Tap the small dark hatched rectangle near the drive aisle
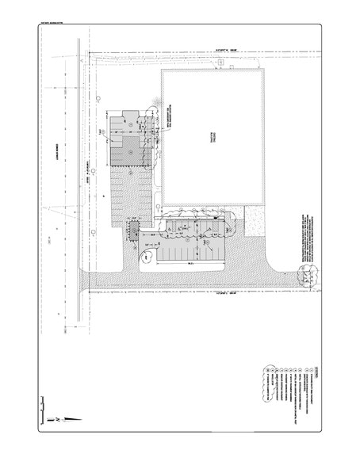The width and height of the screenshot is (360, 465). pos(133,231)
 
